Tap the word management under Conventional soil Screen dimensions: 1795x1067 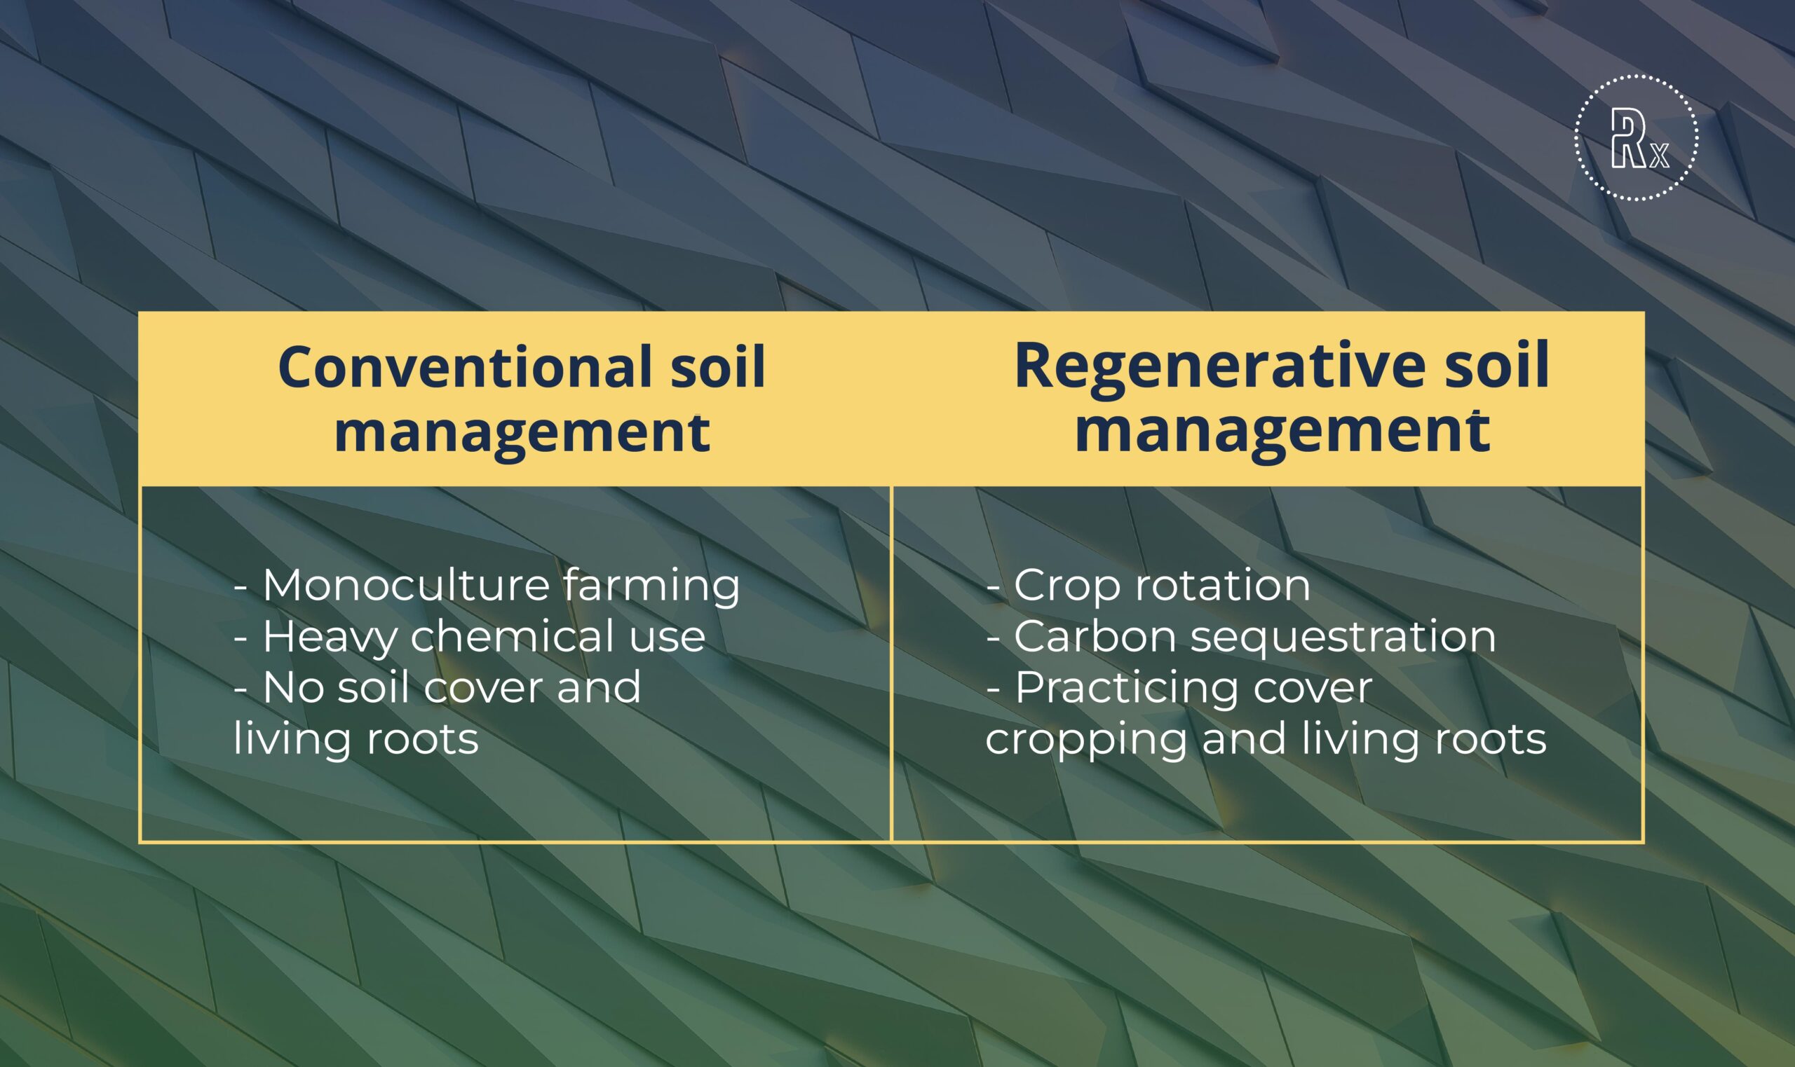tap(522, 433)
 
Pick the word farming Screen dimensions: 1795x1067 tap(652, 586)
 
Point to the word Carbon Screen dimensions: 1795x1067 tap(1095, 637)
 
